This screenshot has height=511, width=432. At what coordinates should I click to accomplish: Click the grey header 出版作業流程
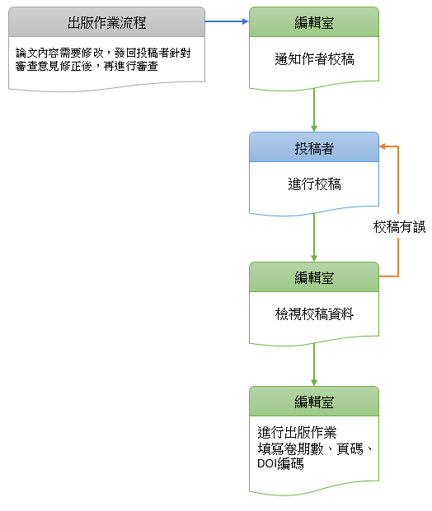click(x=107, y=22)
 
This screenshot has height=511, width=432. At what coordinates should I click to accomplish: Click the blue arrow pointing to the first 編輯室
click(x=227, y=22)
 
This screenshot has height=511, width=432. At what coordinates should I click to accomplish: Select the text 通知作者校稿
click(x=314, y=59)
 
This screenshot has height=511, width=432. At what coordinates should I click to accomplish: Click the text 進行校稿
click(x=314, y=184)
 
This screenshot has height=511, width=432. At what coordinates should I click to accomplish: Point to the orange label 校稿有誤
click(x=399, y=227)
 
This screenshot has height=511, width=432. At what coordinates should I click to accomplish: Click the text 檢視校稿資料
click(x=314, y=314)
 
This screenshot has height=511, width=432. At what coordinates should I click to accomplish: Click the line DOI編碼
click(x=280, y=464)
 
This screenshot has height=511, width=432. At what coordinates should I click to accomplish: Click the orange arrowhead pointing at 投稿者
click(x=383, y=147)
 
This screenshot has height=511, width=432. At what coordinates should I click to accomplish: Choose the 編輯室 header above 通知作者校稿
click(x=314, y=22)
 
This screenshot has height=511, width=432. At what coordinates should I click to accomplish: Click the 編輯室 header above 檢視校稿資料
click(x=314, y=277)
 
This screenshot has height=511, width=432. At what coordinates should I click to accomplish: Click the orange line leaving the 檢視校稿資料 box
click(x=389, y=276)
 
